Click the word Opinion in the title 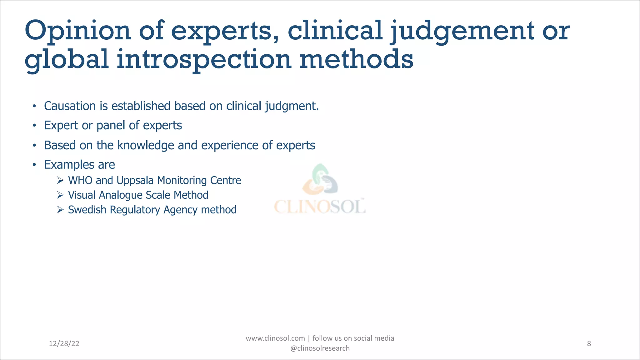(77, 31)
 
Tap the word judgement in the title (462, 31)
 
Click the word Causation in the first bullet (70, 106)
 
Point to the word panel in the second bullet (111, 126)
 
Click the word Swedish (87, 210)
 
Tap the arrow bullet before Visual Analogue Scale (60, 195)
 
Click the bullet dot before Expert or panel (34, 126)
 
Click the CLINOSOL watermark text (320, 206)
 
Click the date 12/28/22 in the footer (64, 344)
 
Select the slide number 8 (589, 344)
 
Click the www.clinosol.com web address (275, 338)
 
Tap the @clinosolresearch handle (320, 348)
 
